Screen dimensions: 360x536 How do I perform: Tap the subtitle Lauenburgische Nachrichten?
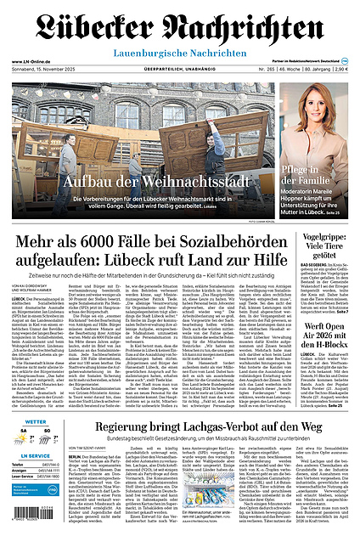(x=180, y=52)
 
